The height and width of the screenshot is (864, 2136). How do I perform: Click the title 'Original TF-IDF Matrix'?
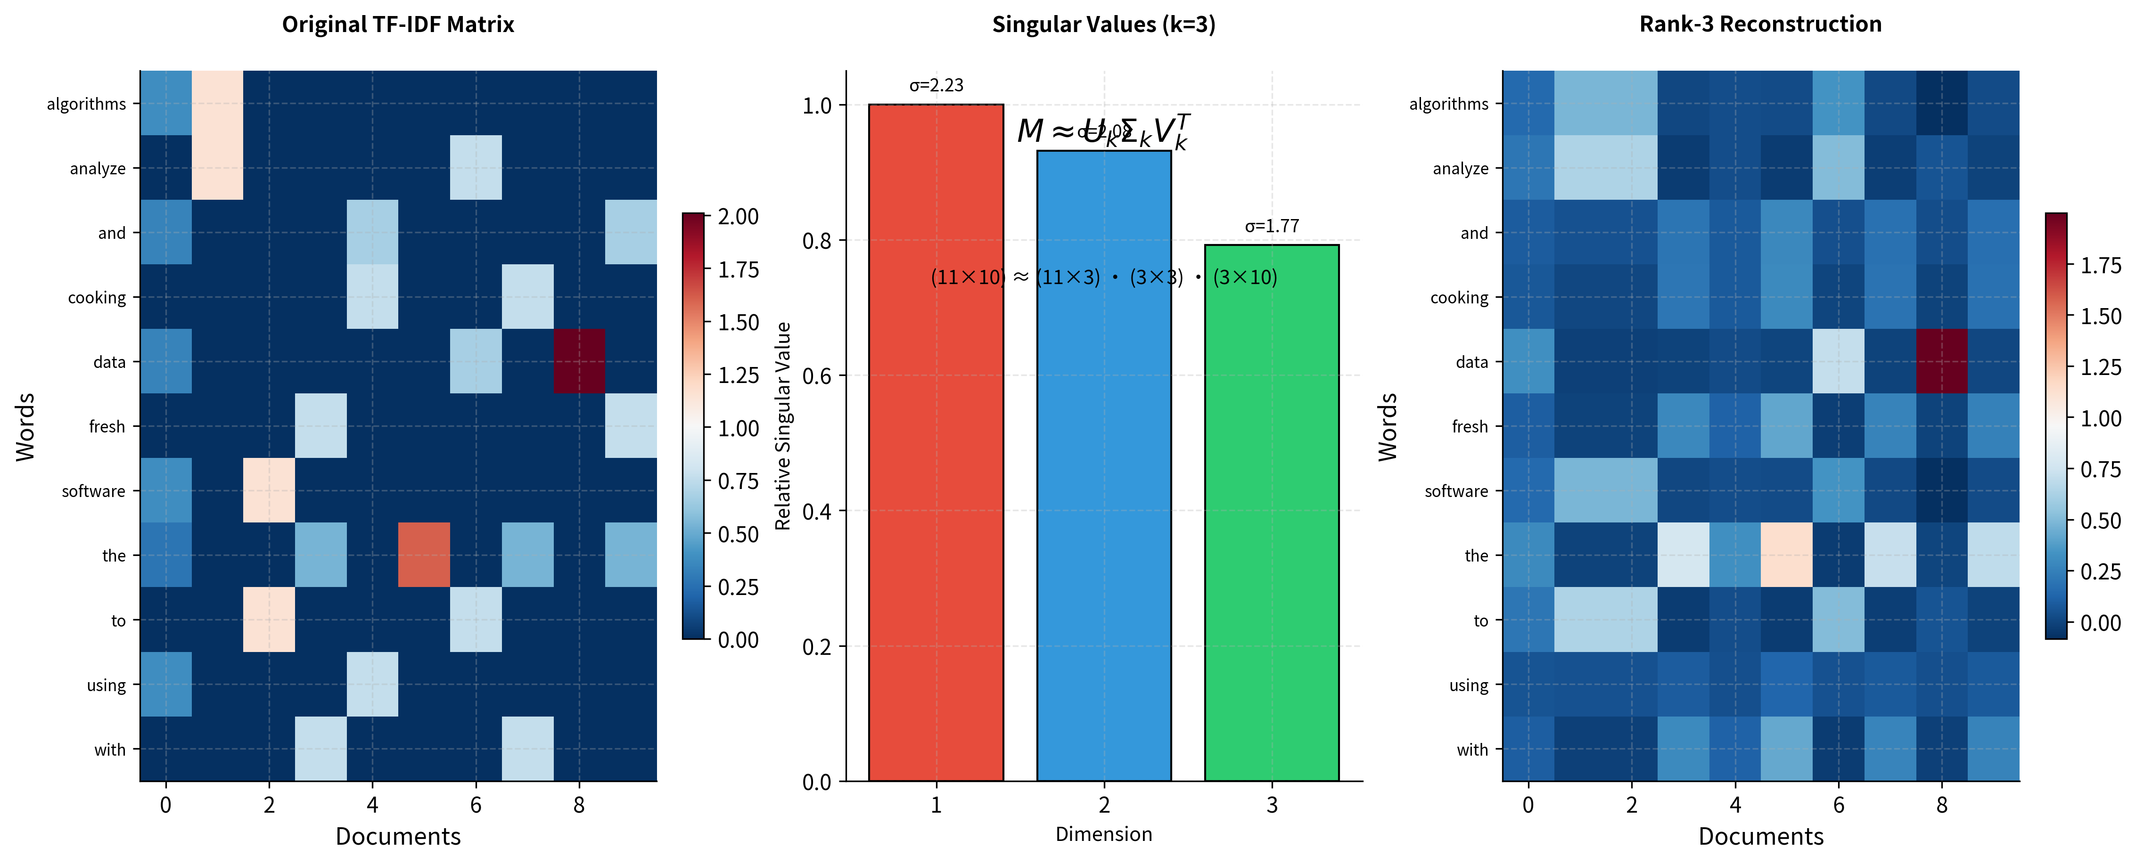click(398, 24)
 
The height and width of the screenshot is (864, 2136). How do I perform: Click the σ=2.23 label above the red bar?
click(936, 85)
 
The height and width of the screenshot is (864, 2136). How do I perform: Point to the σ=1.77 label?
click(1271, 227)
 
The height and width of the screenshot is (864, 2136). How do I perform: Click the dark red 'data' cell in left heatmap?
click(579, 361)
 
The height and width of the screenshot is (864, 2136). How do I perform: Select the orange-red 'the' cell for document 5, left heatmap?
click(424, 554)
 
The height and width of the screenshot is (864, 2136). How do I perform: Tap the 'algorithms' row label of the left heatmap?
click(86, 104)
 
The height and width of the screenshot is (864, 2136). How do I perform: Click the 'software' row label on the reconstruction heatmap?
click(1456, 491)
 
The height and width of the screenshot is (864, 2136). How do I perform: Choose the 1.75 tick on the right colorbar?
click(2100, 265)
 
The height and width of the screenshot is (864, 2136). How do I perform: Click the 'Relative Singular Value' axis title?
click(783, 426)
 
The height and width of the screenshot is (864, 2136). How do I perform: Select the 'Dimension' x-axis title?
click(1104, 834)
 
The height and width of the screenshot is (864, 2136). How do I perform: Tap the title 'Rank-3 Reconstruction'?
click(1760, 24)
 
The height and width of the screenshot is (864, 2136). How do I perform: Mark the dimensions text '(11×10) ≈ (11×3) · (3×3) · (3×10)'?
click(1104, 277)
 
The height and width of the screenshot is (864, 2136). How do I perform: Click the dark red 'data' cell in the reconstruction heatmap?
click(1941, 361)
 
